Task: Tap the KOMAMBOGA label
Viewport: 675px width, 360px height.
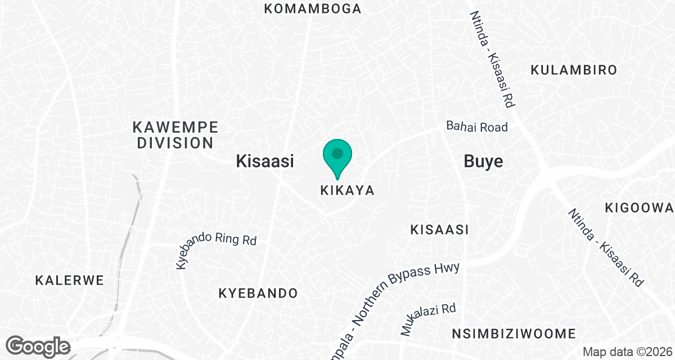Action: point(313,8)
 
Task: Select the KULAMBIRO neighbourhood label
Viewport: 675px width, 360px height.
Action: point(574,70)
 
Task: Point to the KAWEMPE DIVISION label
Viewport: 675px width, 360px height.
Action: point(175,134)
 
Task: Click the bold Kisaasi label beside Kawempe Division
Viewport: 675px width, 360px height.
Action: point(265,162)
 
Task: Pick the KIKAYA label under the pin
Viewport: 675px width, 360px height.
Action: point(347,191)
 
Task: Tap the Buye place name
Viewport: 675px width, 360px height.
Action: point(483,162)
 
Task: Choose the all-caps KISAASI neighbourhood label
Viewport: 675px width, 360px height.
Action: point(439,229)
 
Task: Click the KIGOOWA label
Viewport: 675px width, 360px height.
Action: point(639,208)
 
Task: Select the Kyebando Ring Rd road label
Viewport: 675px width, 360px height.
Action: point(217,247)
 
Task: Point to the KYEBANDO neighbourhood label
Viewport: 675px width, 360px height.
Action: point(258,294)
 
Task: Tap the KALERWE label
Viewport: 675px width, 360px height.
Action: point(70,280)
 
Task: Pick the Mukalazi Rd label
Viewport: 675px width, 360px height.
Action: point(428,319)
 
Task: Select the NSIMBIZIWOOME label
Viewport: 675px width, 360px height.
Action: point(514,334)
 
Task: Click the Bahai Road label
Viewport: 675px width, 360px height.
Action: point(477,127)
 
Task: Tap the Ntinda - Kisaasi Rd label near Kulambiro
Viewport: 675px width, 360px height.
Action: point(493,60)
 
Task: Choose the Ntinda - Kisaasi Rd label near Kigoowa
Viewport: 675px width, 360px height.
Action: point(605,247)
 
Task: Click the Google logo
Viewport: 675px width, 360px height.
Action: point(39,345)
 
